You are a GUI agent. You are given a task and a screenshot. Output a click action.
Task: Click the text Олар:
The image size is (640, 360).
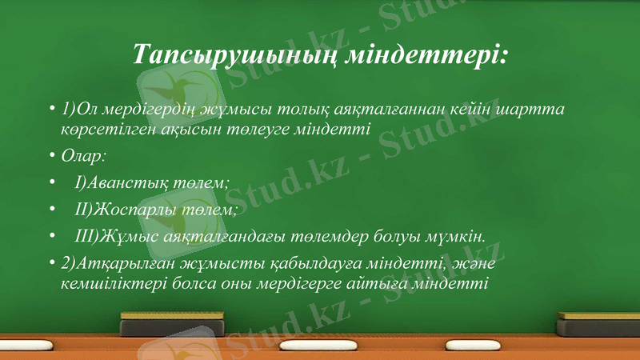pos(78,154)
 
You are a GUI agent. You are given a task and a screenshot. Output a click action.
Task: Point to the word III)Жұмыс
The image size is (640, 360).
pos(111,235)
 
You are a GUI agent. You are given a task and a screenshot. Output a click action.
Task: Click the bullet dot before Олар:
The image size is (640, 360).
pos(51,154)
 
